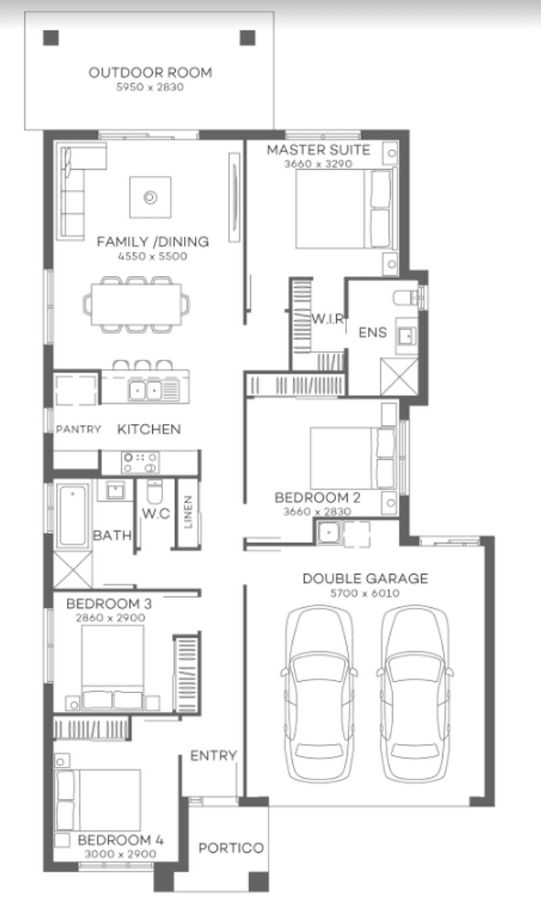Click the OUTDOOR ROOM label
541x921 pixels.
[149, 72]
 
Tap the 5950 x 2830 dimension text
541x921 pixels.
[149, 87]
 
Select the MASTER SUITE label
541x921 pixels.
[318, 150]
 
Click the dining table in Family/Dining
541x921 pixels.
[136, 304]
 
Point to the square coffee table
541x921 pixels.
[150, 197]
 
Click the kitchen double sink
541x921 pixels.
[145, 389]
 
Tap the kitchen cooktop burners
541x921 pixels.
[140, 463]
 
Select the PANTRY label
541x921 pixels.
[78, 429]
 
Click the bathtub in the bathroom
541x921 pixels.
[71, 515]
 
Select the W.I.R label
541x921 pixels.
[328, 318]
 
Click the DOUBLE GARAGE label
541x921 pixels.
[364, 579]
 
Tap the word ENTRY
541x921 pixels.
[213, 755]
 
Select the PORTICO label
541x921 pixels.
[231, 848]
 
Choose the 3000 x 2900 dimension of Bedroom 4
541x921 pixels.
[120, 854]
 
